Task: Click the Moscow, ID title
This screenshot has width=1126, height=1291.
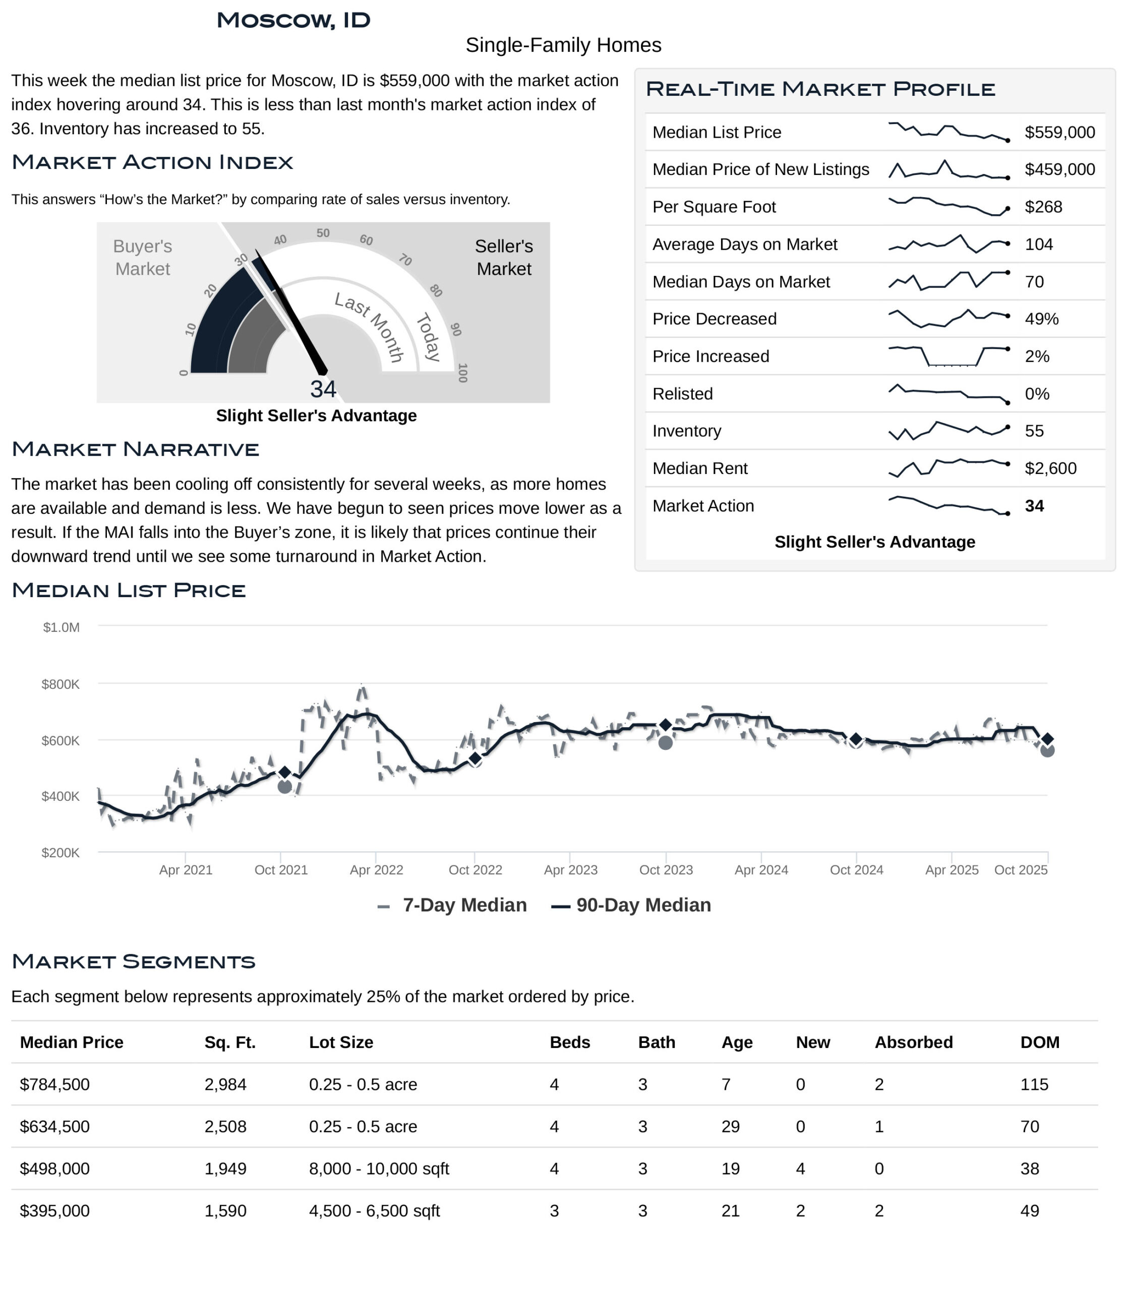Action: [293, 20]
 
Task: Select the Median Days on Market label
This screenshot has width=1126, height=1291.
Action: [741, 281]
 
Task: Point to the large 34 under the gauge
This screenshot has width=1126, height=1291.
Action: [323, 389]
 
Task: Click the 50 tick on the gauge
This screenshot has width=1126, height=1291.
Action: [323, 233]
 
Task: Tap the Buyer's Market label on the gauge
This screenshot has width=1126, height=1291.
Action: [143, 257]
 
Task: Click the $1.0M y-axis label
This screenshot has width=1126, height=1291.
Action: [61, 627]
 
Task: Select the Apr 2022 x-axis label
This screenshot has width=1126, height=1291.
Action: [376, 870]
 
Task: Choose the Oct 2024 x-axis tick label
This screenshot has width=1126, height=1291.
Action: [856, 870]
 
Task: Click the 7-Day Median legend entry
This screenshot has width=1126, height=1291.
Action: [452, 905]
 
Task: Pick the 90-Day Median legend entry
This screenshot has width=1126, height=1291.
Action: [631, 905]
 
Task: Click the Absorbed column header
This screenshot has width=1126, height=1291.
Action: [914, 1042]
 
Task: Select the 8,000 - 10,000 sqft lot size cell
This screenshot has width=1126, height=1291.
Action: [379, 1168]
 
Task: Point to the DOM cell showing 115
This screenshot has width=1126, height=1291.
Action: [1034, 1084]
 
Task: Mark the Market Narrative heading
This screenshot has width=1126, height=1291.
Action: [135, 449]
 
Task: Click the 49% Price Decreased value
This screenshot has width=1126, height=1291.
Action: [1042, 319]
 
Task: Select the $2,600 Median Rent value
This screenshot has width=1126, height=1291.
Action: [1050, 468]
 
